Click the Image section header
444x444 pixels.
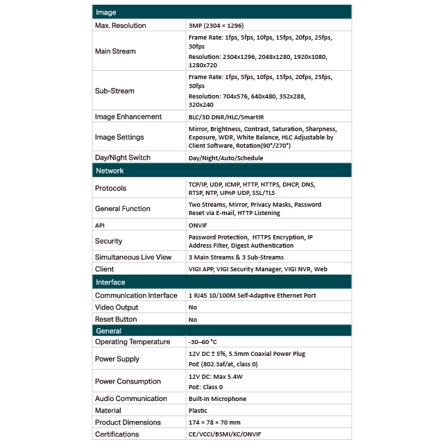(106, 12)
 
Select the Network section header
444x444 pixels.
(110, 170)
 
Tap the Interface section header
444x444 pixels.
(110, 282)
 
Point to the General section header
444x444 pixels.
(108, 331)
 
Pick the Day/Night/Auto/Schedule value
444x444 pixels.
(226, 157)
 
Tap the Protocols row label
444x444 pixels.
(111, 188)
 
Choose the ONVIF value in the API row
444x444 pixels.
(199, 225)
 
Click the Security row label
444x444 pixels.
(109, 241)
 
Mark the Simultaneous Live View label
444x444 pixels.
(133, 257)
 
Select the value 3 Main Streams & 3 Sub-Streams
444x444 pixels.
(235, 257)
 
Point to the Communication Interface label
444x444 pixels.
(136, 296)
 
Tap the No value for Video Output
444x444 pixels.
(193, 307)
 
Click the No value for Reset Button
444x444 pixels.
(193, 319)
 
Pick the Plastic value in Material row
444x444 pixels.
(199, 411)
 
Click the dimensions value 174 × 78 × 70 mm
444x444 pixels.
(214, 422)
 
